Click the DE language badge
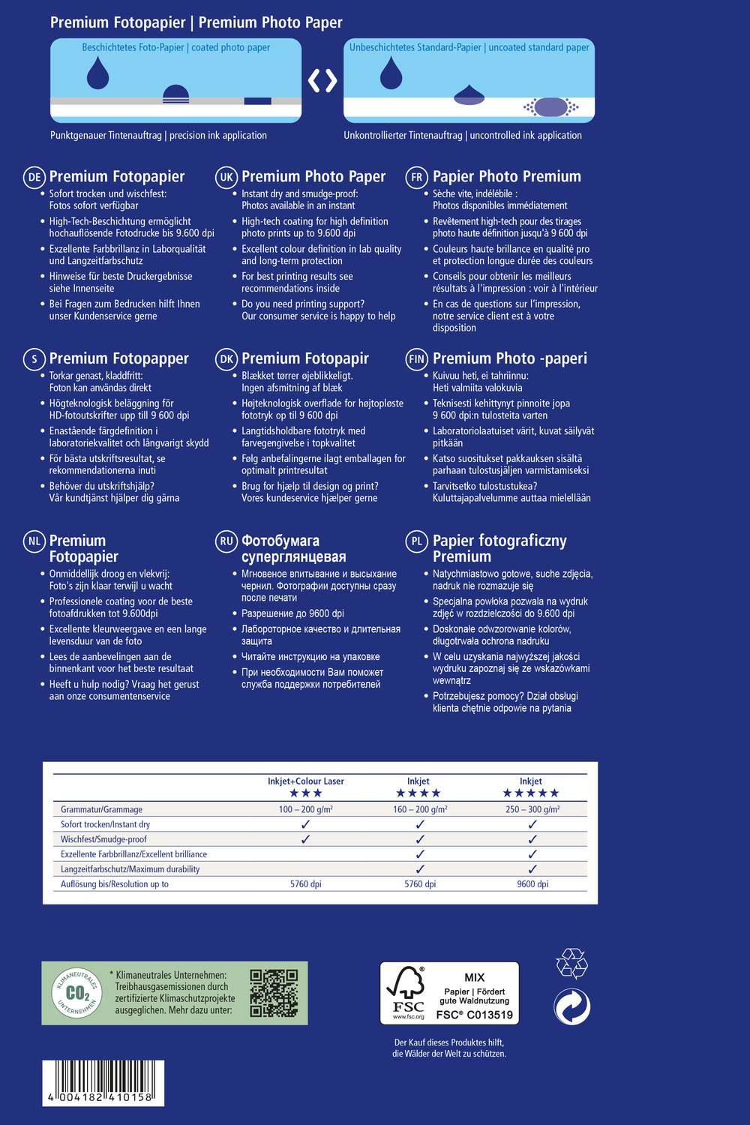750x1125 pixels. point(34,177)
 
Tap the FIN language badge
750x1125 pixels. point(416,359)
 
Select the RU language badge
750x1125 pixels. point(226,541)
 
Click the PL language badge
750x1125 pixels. point(416,541)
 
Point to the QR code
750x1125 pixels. point(274,992)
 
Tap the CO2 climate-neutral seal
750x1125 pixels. point(76,993)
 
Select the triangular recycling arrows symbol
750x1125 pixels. point(571,964)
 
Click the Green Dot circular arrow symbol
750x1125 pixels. point(571,1007)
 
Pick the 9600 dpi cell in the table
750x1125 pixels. point(532,884)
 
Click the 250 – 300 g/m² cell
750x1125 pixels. point(532,809)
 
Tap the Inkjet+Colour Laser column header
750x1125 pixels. point(306,781)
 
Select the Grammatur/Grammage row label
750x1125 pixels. point(101,809)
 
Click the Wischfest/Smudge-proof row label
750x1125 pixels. point(103,839)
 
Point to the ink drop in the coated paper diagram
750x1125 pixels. point(97,73)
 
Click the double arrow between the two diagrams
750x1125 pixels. point(322,80)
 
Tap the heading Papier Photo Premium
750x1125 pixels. point(507,177)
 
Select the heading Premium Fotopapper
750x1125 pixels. point(118,358)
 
